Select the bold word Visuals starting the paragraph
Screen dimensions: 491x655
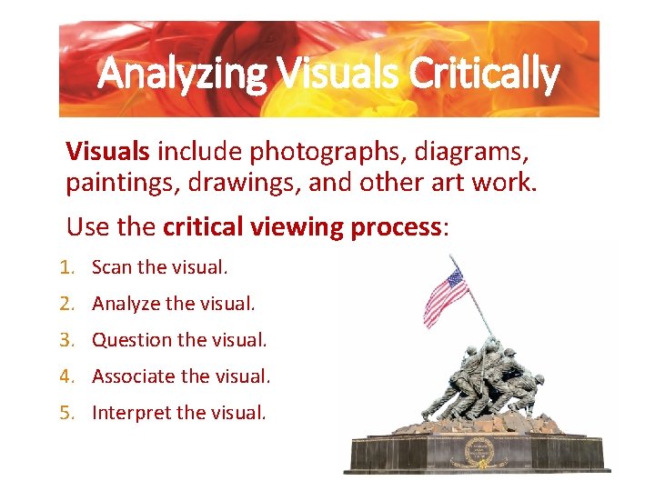click(x=108, y=148)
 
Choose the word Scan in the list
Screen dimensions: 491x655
click(x=112, y=267)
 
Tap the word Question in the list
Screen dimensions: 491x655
click(x=131, y=340)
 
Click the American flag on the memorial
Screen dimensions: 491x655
click(x=445, y=297)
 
